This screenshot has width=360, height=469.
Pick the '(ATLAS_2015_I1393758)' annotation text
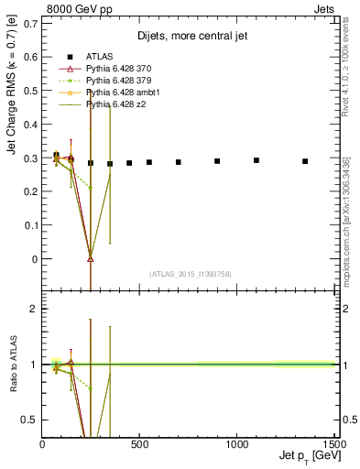point(189,272)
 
